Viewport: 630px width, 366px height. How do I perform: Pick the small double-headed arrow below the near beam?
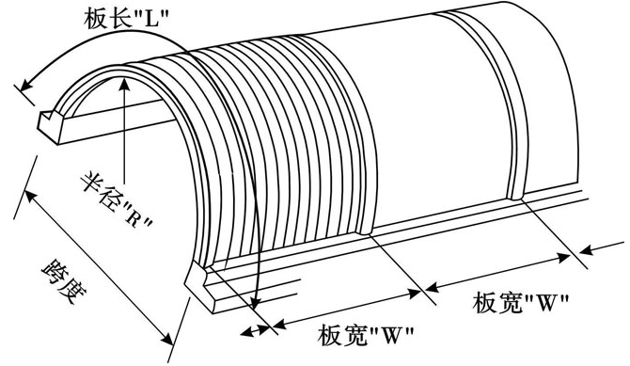coord(255,329)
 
